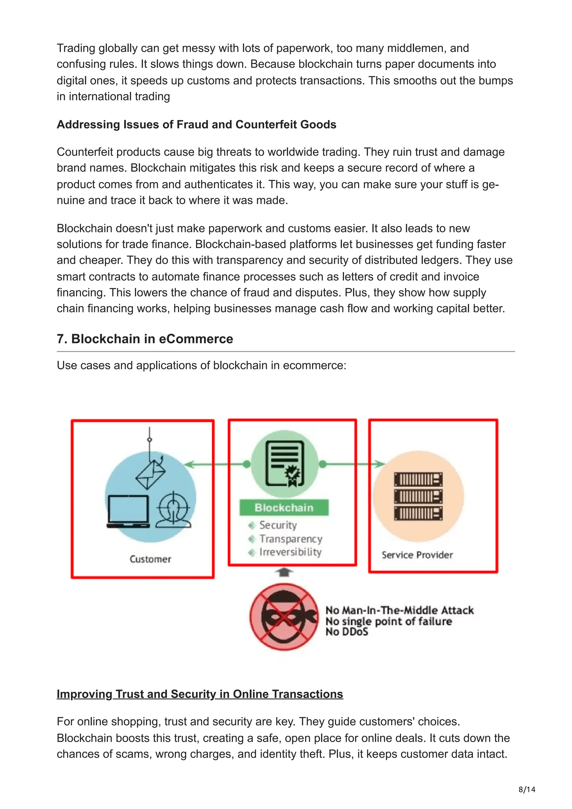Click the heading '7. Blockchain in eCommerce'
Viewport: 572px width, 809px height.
click(x=145, y=339)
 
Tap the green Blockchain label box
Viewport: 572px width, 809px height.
click(x=284, y=508)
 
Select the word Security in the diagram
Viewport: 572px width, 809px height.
click(x=278, y=525)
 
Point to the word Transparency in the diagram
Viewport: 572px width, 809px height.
click(x=291, y=539)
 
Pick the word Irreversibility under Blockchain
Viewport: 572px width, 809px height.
click(x=290, y=552)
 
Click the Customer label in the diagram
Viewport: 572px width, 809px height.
click(x=151, y=559)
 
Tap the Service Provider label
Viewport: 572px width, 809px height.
click(x=417, y=555)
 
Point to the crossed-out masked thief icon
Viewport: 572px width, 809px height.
click(x=284, y=617)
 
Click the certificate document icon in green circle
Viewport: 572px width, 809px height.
click(x=285, y=464)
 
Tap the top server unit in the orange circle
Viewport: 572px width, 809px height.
click(x=418, y=480)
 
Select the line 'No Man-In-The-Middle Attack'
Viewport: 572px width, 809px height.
click(x=399, y=610)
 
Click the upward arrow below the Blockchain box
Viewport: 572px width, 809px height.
click(x=284, y=572)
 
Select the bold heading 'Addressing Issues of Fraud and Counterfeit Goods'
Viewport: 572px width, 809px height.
click(x=196, y=125)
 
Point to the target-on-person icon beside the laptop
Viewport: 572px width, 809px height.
click(x=173, y=510)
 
